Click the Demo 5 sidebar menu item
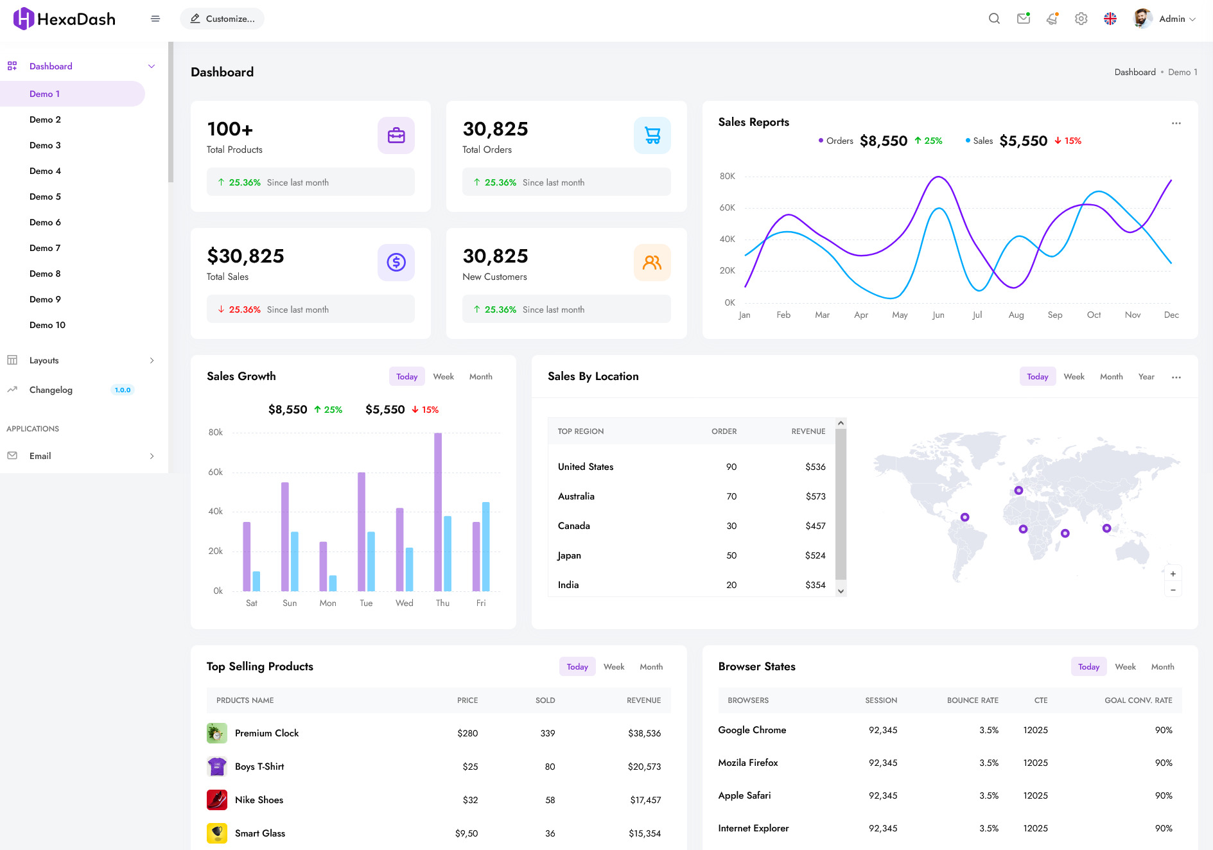tap(45, 196)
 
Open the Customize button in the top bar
tap(222, 19)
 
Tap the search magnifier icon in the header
tap(994, 19)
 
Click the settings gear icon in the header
tap(1081, 19)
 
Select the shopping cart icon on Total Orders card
tap(652, 135)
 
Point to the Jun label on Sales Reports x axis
tap(938, 315)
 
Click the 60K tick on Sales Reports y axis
tap(727, 207)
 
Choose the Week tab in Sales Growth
tap(443, 377)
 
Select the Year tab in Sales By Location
tap(1146, 377)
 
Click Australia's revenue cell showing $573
tap(815, 496)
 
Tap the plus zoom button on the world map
tap(1173, 574)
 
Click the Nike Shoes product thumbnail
tap(217, 800)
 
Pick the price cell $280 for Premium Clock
tap(467, 733)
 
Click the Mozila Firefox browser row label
tap(747, 763)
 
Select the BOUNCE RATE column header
tap(972, 700)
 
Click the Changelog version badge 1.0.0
tap(122, 390)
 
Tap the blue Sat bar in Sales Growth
tap(256, 581)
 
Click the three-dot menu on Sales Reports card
tap(1176, 123)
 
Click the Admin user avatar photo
tap(1142, 19)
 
